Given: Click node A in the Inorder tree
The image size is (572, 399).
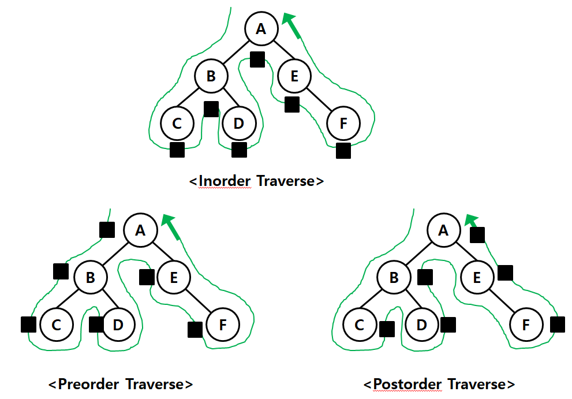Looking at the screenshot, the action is pyautogui.click(x=261, y=29).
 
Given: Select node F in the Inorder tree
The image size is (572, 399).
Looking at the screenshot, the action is pyautogui.click(x=343, y=124).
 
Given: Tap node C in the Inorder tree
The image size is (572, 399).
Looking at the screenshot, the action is pyautogui.click(x=177, y=124).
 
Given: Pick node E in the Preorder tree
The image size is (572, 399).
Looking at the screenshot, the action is pyautogui.click(x=174, y=277).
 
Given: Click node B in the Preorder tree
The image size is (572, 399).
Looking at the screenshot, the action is pyautogui.click(x=91, y=277).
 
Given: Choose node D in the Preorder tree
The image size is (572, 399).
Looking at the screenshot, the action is pyautogui.click(x=118, y=325).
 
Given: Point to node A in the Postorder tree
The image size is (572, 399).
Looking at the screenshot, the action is pyautogui.click(x=444, y=230).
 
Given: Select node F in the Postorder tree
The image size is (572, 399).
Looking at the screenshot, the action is pyautogui.click(x=526, y=325).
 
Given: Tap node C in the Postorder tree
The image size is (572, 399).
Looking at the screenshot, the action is pyautogui.click(x=360, y=325).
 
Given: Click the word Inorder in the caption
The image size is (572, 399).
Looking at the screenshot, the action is pyautogui.click(x=225, y=181).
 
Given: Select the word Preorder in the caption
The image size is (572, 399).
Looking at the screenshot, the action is pyautogui.click(x=88, y=384).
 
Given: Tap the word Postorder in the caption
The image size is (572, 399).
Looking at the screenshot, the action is pyautogui.click(x=407, y=384).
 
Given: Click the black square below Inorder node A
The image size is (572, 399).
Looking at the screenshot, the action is pyautogui.click(x=257, y=59).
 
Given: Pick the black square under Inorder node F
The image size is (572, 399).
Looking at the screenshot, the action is pyautogui.click(x=343, y=151).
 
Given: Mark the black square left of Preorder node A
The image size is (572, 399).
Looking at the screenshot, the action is pyautogui.click(x=107, y=230).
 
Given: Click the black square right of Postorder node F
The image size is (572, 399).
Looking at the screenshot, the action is pyautogui.click(x=558, y=325).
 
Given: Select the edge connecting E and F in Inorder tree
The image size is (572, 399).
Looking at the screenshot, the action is pyautogui.click(x=319, y=99).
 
